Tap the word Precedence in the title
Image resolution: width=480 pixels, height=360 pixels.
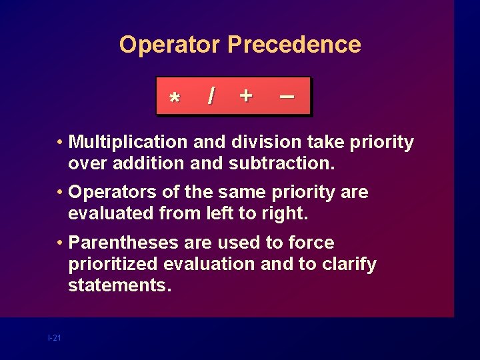[x=294, y=45]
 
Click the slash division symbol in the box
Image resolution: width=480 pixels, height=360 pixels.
[x=211, y=97]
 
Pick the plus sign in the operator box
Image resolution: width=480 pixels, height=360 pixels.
[x=246, y=96]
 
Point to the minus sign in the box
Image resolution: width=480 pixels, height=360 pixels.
[x=287, y=97]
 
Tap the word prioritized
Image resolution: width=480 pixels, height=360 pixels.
[x=113, y=264]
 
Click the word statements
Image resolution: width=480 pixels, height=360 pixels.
[x=119, y=285]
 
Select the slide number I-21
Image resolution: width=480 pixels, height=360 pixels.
[x=54, y=339]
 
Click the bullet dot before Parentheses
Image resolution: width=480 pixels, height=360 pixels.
[x=60, y=243]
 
